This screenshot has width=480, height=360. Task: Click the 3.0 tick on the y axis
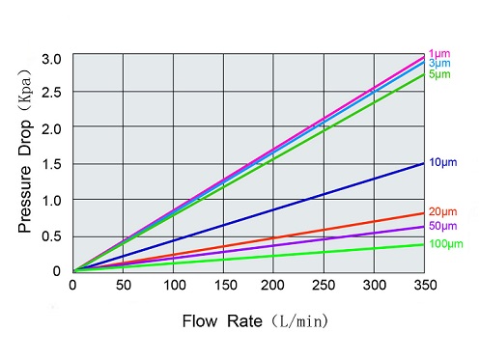click(x=52, y=59)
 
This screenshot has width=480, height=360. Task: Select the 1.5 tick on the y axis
click(x=52, y=165)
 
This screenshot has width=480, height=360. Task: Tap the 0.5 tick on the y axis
click(x=52, y=236)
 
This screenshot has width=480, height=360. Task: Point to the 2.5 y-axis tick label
click(x=52, y=94)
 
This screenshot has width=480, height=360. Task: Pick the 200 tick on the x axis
click(x=273, y=285)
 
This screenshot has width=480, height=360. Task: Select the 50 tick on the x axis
click(x=123, y=285)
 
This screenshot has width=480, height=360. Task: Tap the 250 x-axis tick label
click(x=325, y=285)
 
